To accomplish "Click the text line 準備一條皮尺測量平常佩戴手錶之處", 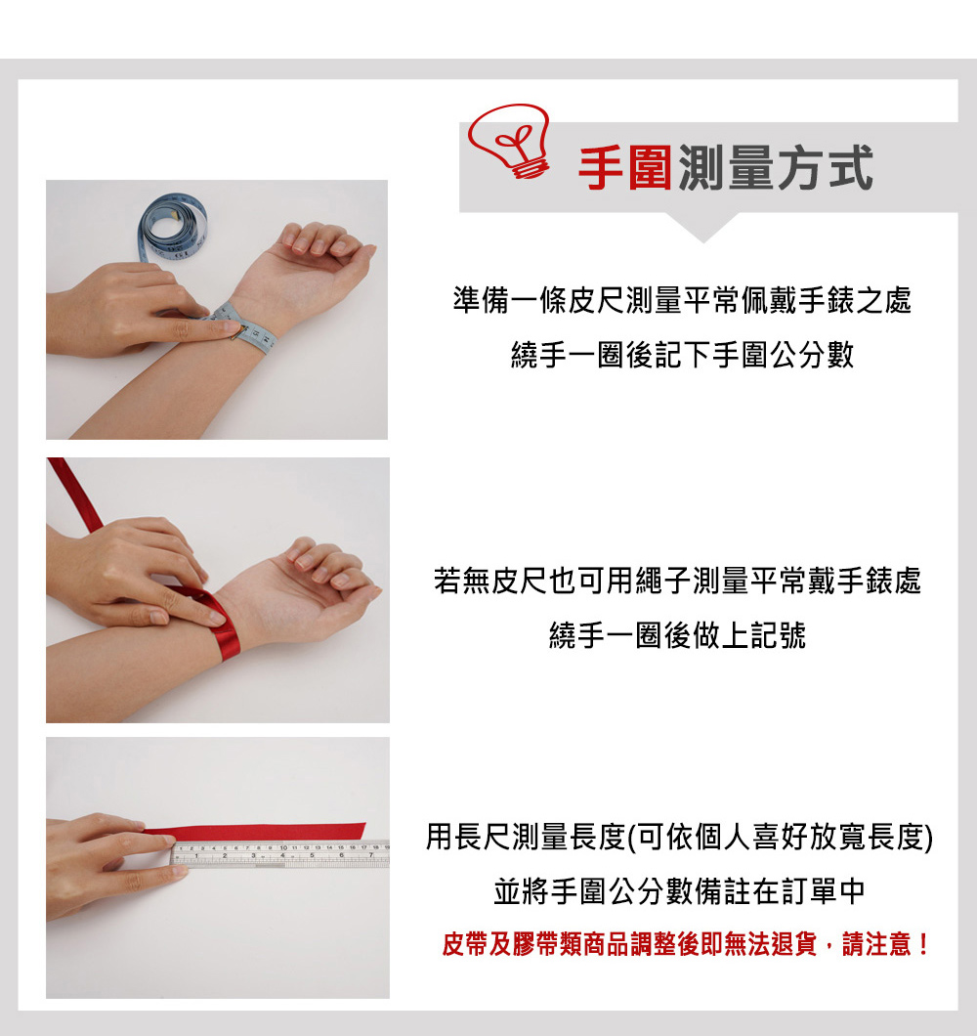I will (x=681, y=301).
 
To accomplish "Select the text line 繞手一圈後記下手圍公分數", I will (x=681, y=355).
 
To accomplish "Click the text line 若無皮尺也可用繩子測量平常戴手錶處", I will (x=677, y=583).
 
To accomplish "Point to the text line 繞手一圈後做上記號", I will (x=677, y=637).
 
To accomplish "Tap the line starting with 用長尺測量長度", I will (x=679, y=838).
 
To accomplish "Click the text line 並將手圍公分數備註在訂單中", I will (x=679, y=891).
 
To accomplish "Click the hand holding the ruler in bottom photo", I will (x=107, y=860).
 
